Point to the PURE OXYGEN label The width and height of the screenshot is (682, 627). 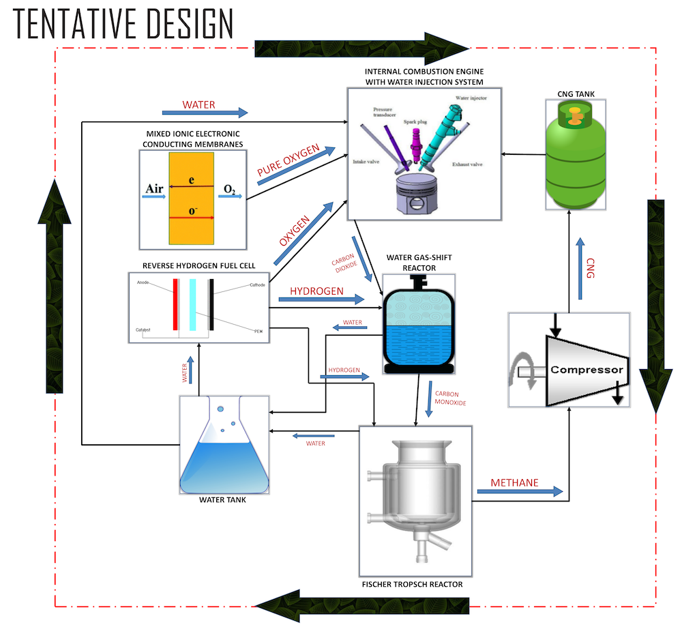(287, 164)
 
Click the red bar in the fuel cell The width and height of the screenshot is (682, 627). (176, 304)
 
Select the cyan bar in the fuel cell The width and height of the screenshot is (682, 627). (194, 304)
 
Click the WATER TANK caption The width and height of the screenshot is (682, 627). (222, 499)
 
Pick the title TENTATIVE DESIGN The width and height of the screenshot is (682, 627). (123, 24)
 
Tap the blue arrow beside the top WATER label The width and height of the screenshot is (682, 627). (205, 112)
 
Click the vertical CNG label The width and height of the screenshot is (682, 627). (591, 268)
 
